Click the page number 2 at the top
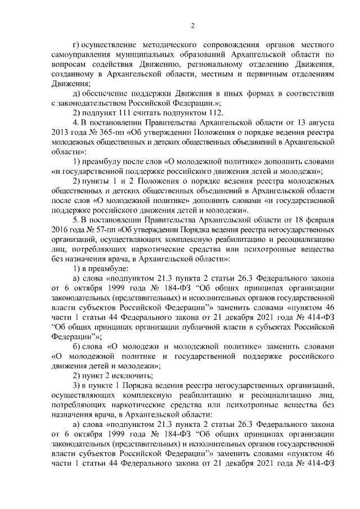pyautogui.click(x=192, y=25)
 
